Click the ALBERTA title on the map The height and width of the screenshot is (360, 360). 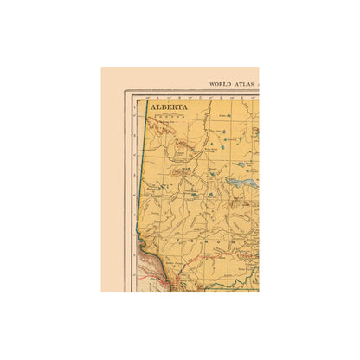point(169,107)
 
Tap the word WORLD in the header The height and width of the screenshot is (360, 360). point(219,84)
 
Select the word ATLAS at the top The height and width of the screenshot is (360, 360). point(242,84)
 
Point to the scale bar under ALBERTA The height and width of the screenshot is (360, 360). point(169,115)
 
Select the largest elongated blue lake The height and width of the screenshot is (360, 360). point(245,184)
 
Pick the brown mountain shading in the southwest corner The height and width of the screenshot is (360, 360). point(156,275)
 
